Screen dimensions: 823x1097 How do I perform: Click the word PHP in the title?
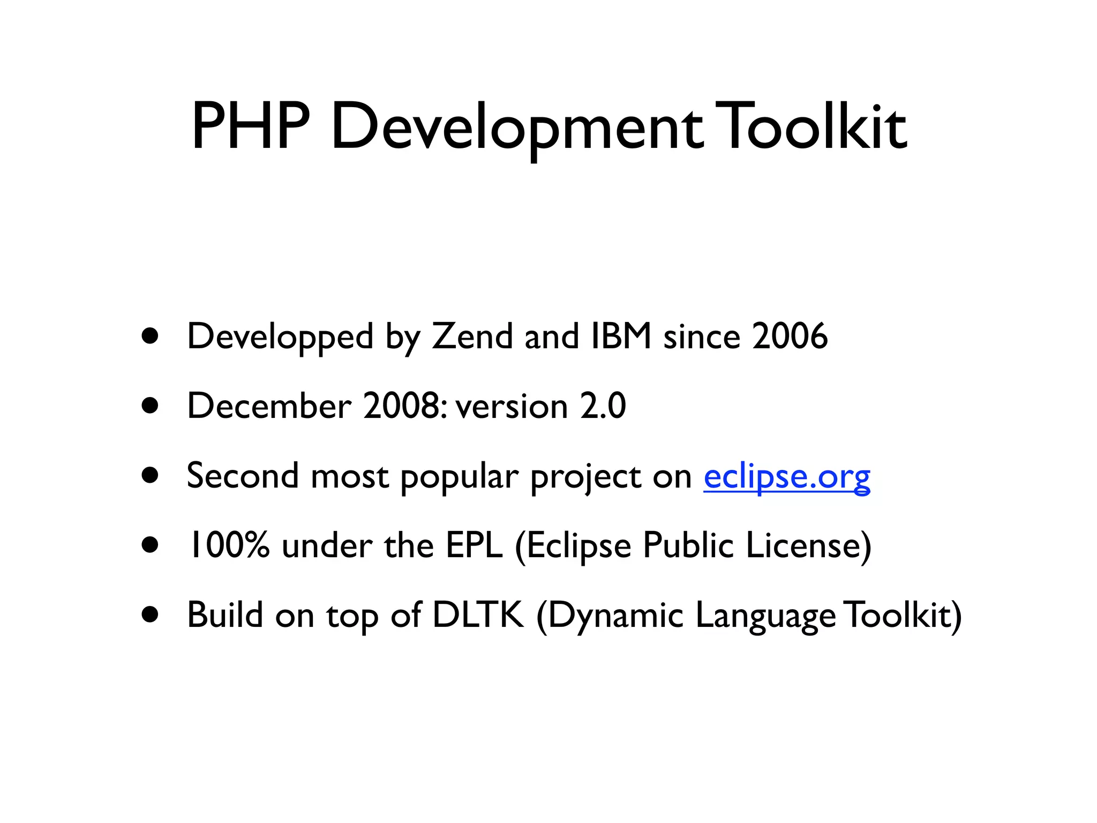[251, 126]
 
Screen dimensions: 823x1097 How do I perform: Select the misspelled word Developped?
[280, 336]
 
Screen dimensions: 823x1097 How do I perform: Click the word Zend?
[472, 336]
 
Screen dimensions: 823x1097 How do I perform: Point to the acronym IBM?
[621, 336]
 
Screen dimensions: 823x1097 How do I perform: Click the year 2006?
[790, 336]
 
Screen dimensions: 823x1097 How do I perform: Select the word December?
[269, 406]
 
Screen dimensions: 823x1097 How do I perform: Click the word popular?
[460, 477]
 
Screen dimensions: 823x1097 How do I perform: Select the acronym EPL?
[474, 545]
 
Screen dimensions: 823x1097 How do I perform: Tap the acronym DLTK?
[478, 615]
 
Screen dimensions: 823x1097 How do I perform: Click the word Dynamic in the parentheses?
[614, 616]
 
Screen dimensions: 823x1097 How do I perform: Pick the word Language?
[765, 616]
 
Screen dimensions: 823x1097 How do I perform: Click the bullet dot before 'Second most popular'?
[151, 475]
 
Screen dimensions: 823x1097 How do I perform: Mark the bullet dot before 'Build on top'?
[151, 615]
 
